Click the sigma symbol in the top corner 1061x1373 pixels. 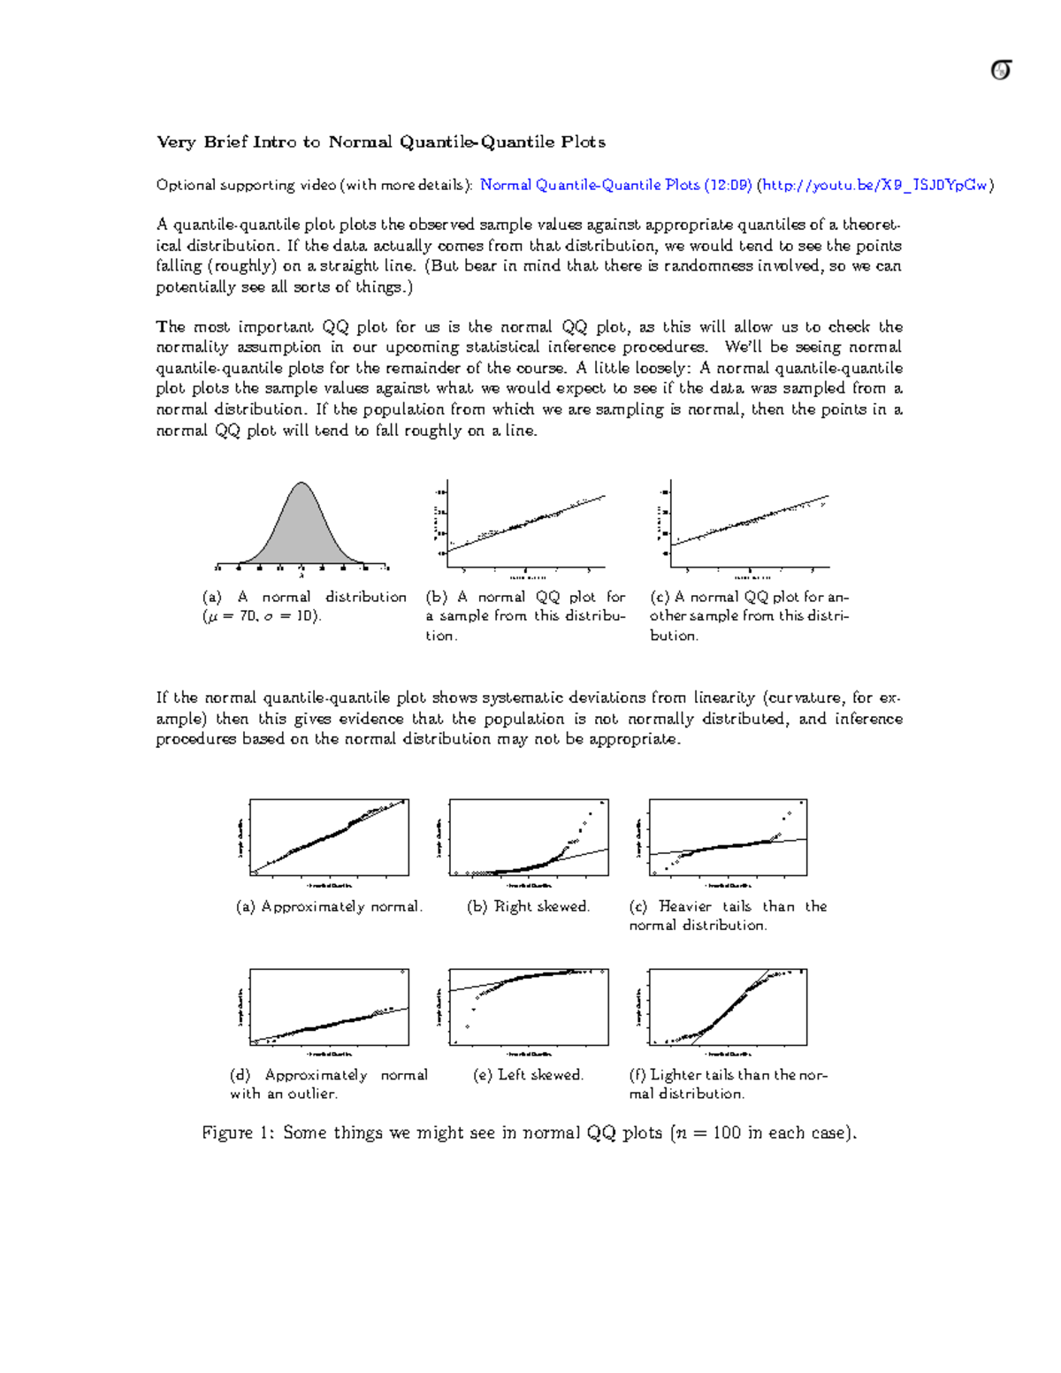click(1000, 70)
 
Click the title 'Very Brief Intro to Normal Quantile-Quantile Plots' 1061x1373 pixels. click(380, 141)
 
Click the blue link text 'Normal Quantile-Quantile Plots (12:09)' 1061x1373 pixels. click(615, 185)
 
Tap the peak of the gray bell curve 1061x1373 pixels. click(302, 484)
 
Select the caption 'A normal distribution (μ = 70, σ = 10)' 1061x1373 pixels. click(304, 606)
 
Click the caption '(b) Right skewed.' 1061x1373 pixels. click(528, 906)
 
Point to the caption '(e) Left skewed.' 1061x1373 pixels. click(528, 1074)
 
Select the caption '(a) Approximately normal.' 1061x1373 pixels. click(329, 906)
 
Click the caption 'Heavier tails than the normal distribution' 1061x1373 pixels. click(727, 915)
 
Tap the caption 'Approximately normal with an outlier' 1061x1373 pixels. click(328, 1084)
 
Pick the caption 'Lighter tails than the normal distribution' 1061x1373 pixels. click(727, 1084)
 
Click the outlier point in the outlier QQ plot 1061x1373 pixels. click(403, 972)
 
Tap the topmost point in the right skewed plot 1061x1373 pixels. click(602, 803)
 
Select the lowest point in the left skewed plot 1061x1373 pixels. click(455, 1042)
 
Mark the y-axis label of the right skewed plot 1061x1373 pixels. click(439, 837)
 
